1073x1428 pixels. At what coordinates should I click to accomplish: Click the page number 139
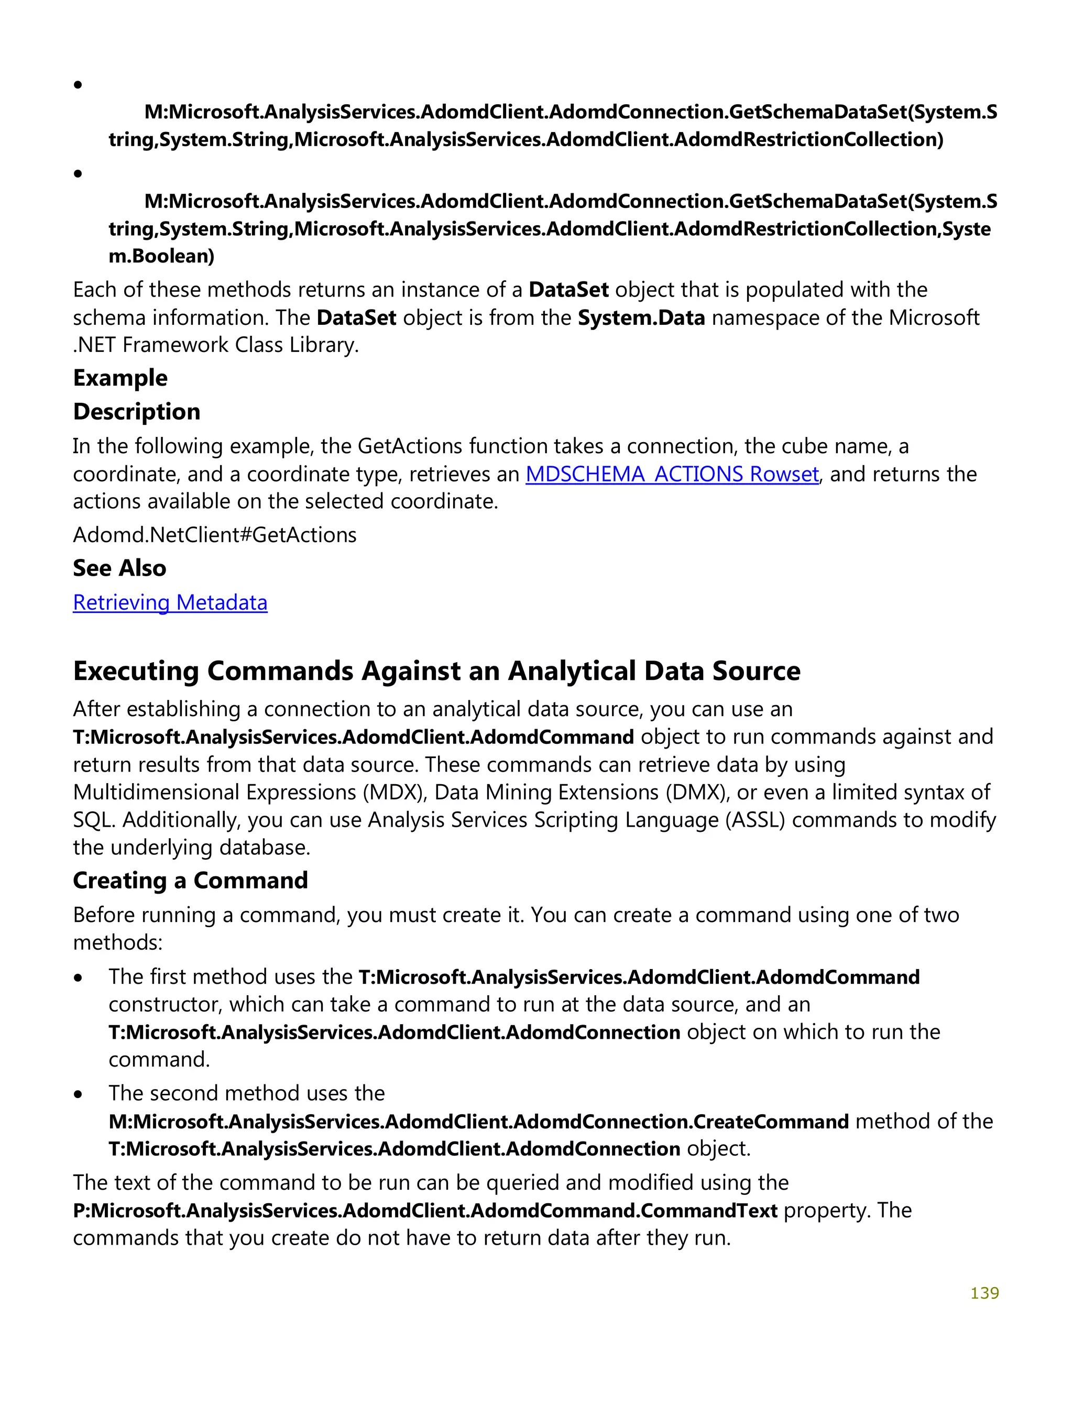[984, 1293]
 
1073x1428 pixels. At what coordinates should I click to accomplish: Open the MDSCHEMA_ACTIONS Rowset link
[672, 475]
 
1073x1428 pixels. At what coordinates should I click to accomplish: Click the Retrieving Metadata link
[170, 602]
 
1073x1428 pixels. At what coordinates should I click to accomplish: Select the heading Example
[120, 378]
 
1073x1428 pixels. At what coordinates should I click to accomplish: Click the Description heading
[136, 412]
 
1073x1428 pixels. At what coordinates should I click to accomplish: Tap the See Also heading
[119, 568]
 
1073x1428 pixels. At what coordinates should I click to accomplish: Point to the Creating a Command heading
[191, 881]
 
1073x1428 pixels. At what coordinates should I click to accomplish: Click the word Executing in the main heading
[136, 672]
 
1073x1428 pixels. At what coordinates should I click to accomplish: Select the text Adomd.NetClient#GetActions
[214, 535]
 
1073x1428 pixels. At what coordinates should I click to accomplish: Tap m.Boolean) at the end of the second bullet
[161, 256]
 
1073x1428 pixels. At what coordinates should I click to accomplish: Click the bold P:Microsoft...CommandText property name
[425, 1211]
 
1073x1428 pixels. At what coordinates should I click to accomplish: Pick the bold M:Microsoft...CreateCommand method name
[478, 1122]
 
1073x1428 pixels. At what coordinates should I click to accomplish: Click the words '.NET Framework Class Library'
[216, 345]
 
